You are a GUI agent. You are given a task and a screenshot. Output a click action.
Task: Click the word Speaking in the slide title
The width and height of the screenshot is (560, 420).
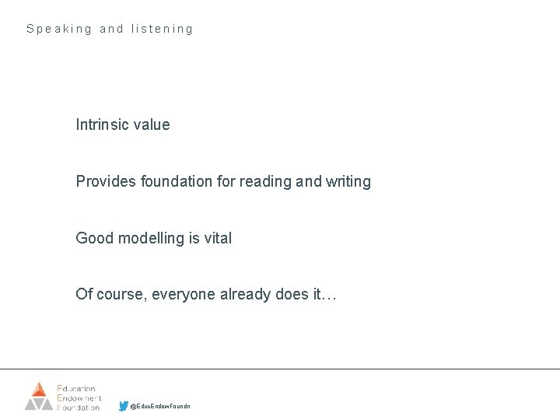pos(59,29)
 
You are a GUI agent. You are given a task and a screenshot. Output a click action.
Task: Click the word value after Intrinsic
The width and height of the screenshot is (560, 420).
pos(152,124)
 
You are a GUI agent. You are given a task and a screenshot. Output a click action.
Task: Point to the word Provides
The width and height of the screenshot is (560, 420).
pos(106,181)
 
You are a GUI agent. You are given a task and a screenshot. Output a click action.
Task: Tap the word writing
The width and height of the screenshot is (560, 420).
pos(348,182)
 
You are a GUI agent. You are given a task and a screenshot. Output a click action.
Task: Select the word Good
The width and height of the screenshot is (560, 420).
pos(94,238)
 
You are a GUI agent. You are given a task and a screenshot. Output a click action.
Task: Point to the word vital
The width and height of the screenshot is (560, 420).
pos(216,238)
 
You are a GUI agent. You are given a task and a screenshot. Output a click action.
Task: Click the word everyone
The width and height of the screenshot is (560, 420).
pos(183,294)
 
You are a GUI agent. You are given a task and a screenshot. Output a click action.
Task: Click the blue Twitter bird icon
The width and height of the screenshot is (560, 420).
pos(124,406)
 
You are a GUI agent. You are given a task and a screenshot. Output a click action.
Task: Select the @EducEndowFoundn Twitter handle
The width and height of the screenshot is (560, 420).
pos(159,407)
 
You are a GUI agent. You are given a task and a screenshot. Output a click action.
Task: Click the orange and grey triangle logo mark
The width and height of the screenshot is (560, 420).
pos(39,396)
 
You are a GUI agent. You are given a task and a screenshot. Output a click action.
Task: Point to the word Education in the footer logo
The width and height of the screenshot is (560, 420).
pos(77,387)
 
